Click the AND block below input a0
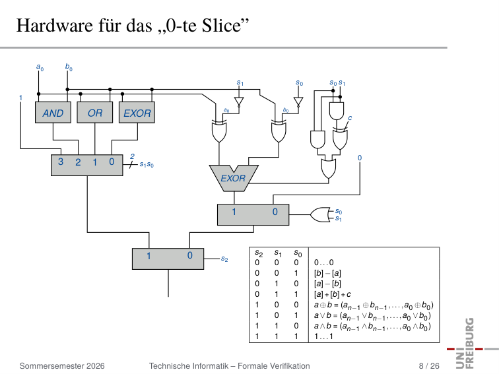[53, 112]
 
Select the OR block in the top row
[95, 112]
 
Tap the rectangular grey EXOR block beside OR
[137, 112]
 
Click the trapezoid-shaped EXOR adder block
[234, 178]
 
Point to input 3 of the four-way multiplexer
[61, 162]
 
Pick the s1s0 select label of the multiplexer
[147, 165]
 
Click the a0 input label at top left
[40, 67]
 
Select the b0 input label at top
[69, 67]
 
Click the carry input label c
[350, 117]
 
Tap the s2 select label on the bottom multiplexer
[224, 259]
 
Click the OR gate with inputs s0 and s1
[320, 214]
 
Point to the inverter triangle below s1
[239, 102]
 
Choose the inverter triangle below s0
[298, 102]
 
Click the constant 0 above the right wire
[360, 158]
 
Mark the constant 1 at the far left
[20, 98]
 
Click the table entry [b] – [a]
[327, 273]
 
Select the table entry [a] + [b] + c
[333, 294]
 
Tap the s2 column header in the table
[259, 253]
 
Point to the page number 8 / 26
[429, 365]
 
